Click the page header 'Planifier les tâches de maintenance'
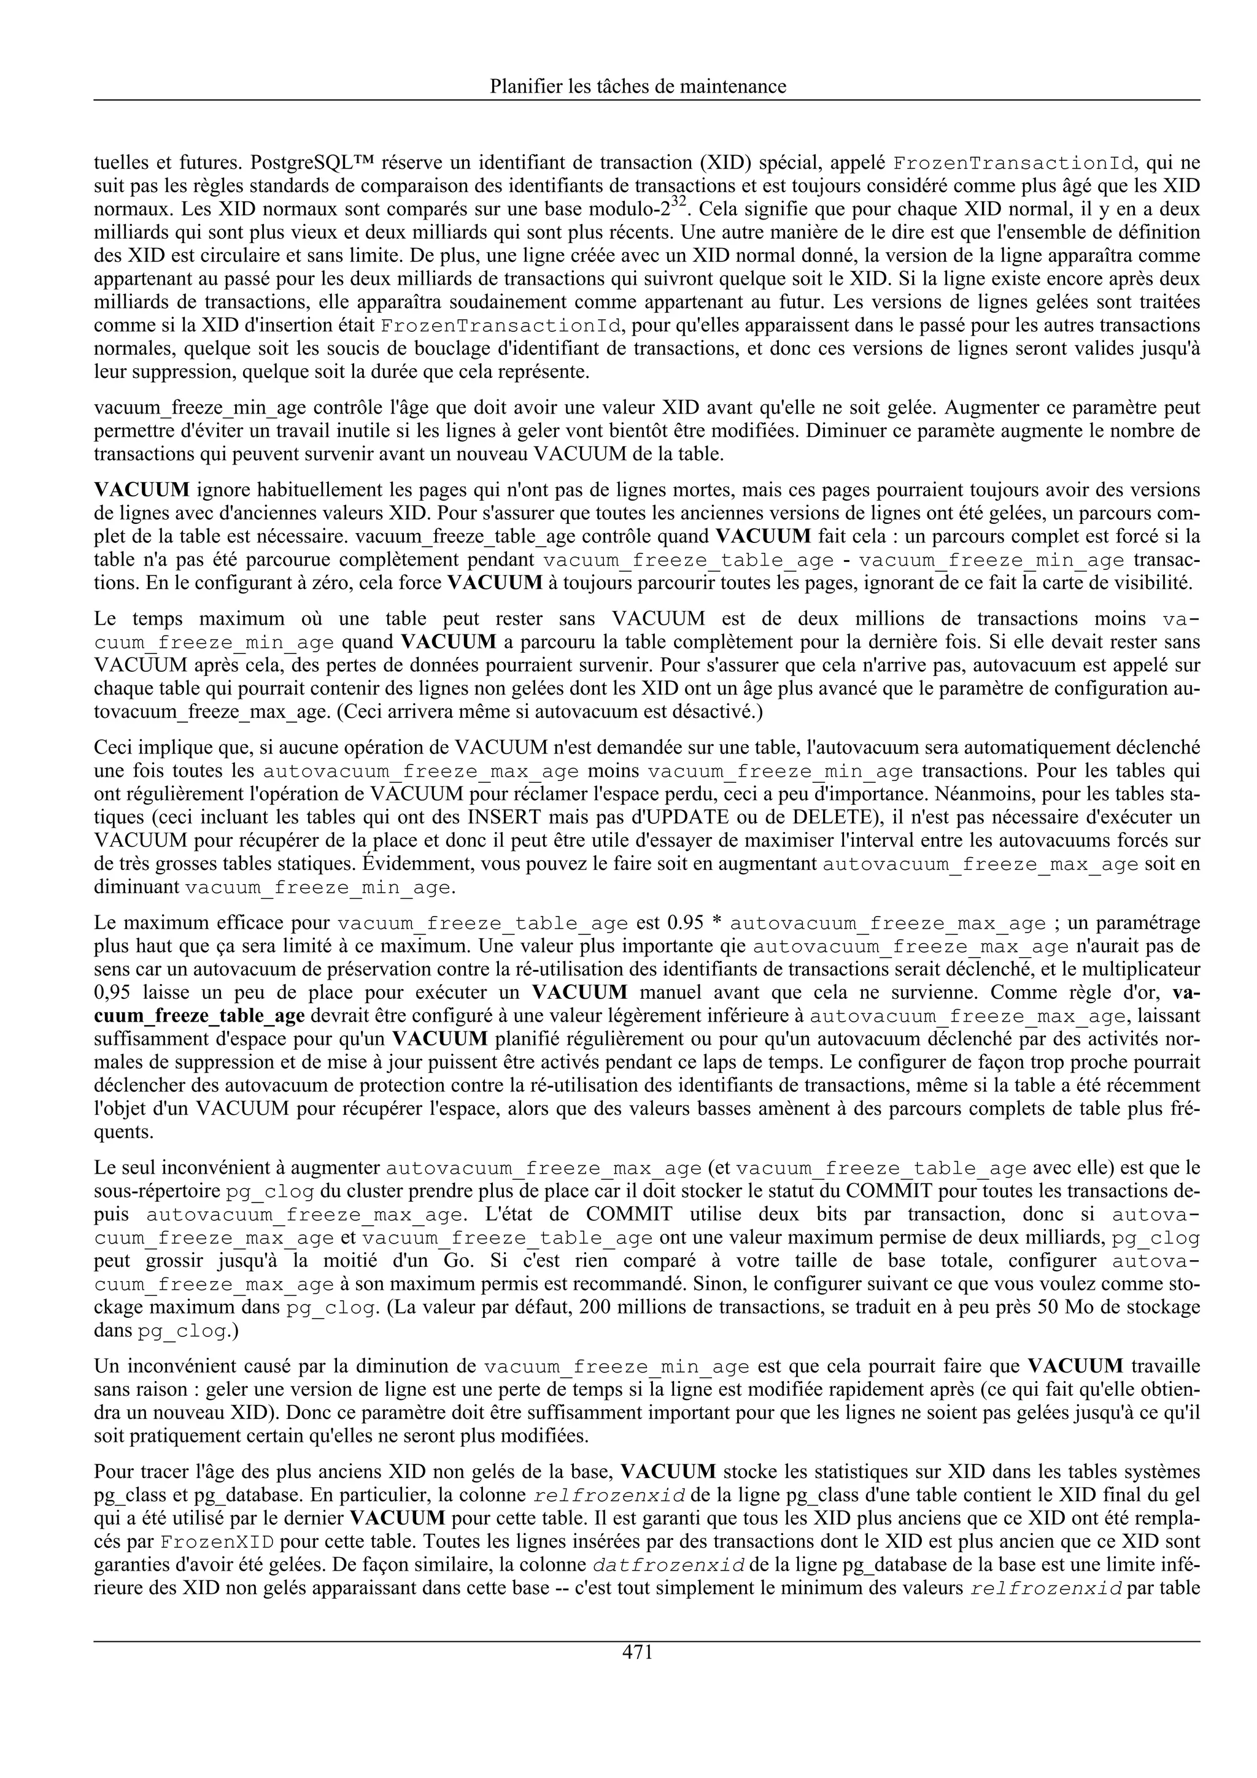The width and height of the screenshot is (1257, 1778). point(638,86)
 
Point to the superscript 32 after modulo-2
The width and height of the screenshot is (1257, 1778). point(678,203)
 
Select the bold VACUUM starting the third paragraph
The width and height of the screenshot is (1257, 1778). point(142,490)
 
